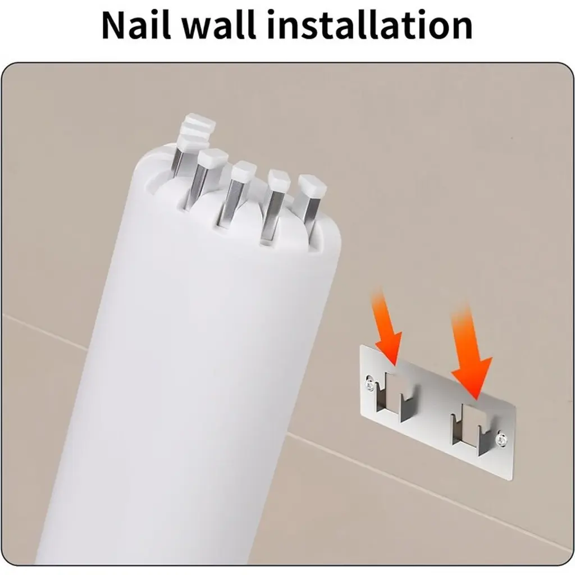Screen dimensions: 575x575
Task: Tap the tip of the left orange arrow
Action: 394,366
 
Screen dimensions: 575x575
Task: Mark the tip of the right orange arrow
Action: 476,399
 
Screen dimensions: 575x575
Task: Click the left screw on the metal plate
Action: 369,384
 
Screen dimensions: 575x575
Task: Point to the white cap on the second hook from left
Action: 211,158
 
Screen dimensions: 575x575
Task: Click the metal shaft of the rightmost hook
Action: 312,213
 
